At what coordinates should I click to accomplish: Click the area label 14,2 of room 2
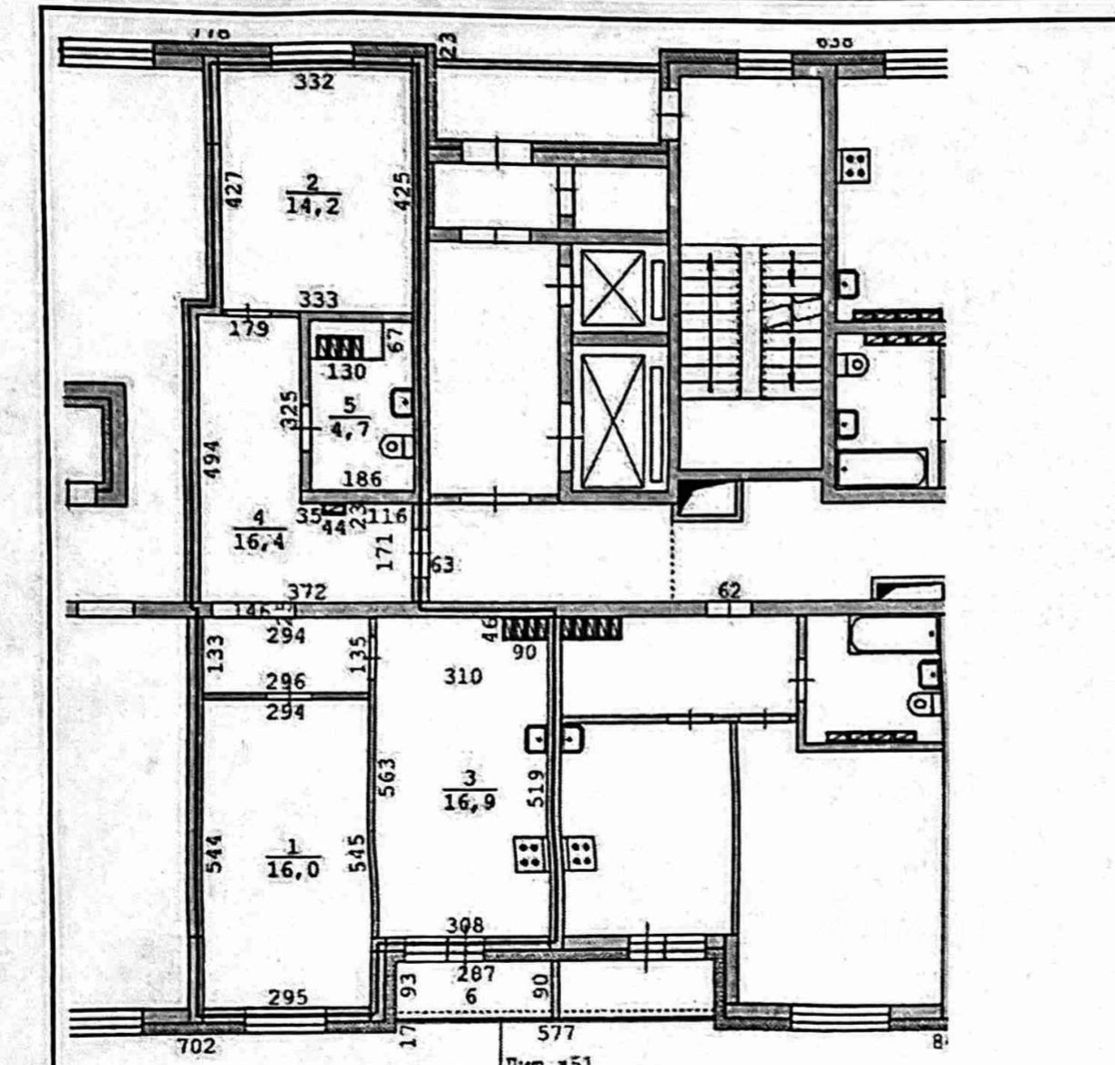[x=312, y=206]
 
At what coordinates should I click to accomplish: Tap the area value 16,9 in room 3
[x=469, y=802]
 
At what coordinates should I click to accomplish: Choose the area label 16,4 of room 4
[x=258, y=545]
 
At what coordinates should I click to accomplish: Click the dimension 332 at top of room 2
[x=314, y=82]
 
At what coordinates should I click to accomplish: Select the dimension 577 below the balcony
[x=556, y=1033]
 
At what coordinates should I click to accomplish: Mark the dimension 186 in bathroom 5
[x=363, y=477]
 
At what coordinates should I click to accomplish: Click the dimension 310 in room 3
[x=463, y=676]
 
